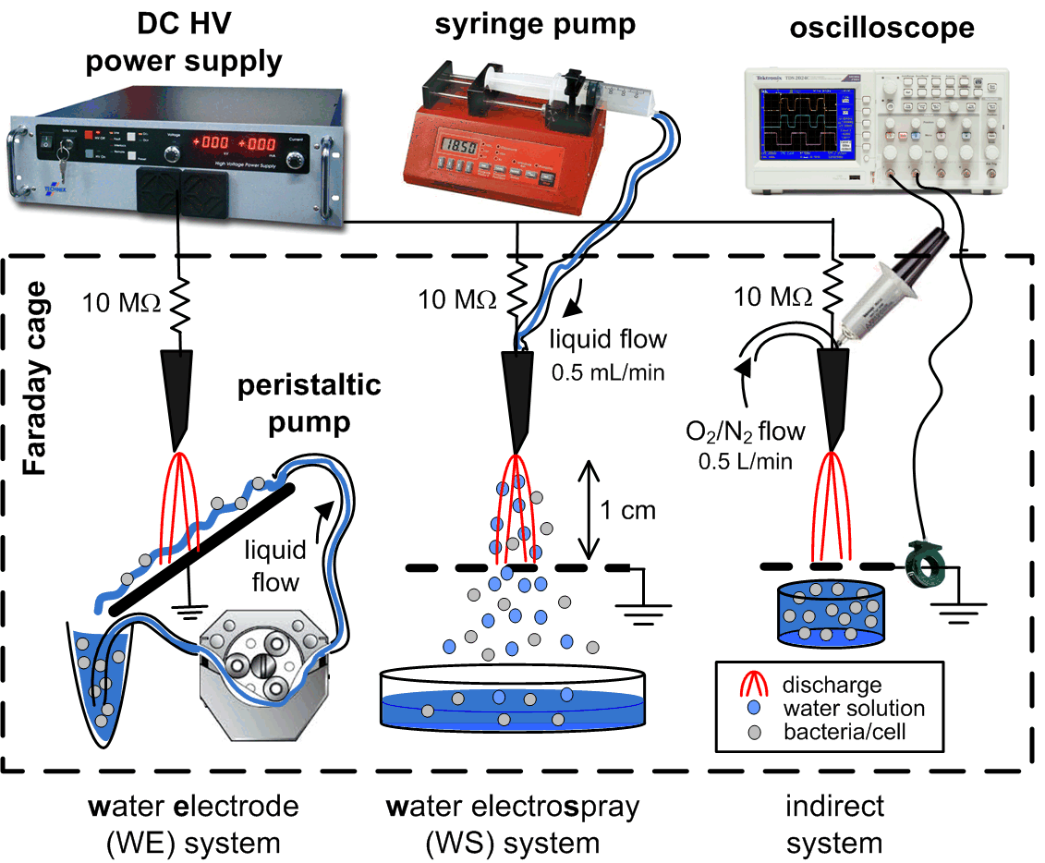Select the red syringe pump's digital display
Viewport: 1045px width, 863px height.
[459, 148]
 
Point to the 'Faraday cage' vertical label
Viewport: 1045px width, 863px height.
[34, 392]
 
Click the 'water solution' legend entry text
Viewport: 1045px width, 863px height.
[853, 710]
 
